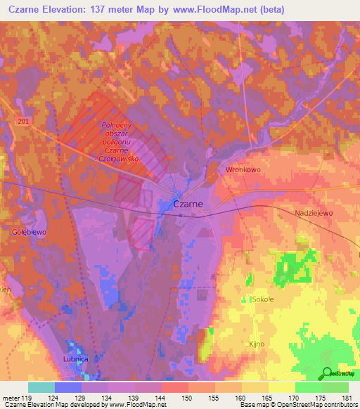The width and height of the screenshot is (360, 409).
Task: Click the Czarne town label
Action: click(188, 204)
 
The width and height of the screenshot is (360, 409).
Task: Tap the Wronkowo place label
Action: click(243, 170)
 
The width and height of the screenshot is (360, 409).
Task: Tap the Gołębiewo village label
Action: click(28, 230)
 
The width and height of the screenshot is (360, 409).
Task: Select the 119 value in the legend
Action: click(27, 398)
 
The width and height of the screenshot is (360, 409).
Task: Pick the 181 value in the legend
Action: click(349, 398)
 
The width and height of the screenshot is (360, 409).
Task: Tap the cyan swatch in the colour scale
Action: click(41, 387)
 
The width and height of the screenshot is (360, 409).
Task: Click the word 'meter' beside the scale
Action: click(10, 398)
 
